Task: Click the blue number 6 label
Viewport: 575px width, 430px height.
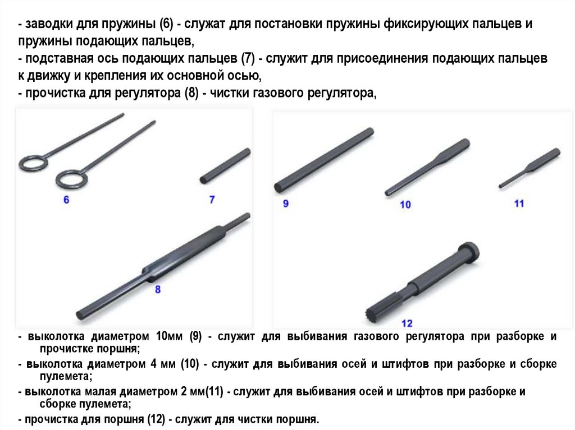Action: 66,199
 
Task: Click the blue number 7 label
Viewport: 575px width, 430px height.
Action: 212,199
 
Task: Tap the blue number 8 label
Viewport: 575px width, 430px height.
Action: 157,289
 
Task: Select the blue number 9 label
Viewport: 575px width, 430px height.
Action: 285,204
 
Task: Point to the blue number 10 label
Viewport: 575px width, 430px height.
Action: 405,205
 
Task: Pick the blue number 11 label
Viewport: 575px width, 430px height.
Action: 519,204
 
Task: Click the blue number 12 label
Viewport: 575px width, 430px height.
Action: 407,323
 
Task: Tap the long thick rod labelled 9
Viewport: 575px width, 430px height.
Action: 324,160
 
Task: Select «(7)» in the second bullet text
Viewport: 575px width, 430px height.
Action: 248,59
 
